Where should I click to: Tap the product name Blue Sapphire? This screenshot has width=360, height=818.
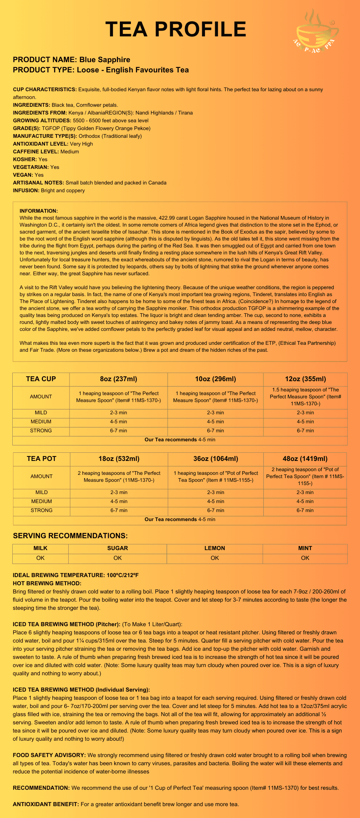[105, 60]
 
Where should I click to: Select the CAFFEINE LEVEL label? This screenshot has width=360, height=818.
[36, 151]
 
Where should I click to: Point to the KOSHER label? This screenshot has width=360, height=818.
[25, 159]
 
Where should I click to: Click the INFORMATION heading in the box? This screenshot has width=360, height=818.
[39, 211]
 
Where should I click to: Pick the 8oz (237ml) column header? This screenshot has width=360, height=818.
[119, 379]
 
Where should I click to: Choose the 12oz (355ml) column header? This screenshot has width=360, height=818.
[305, 379]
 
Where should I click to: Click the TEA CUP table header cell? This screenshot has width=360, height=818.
[41, 379]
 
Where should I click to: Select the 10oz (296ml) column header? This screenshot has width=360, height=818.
[216, 379]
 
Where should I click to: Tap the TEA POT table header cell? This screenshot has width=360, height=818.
[41, 458]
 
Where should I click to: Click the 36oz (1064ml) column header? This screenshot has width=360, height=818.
[216, 458]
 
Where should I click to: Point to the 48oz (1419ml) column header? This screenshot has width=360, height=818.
[305, 458]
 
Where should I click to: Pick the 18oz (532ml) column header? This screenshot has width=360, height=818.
[119, 458]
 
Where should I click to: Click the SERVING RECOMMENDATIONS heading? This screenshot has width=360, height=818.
[70, 536]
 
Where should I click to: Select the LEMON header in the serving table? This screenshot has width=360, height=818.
[215, 548]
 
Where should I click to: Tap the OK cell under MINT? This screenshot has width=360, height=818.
[305, 558]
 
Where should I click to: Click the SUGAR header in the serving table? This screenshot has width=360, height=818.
[117, 548]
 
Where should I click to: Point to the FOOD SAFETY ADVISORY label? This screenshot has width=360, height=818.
[49, 755]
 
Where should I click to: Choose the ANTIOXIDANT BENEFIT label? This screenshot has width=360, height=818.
[46, 804]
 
